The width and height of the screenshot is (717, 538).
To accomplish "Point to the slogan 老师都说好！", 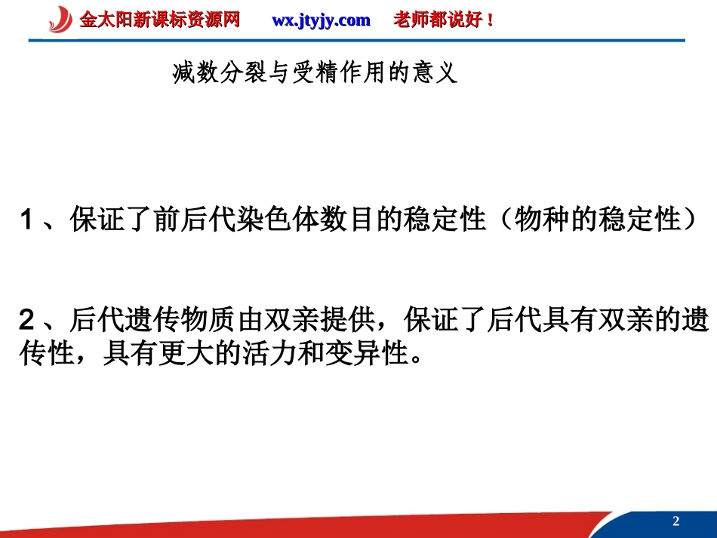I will tap(445, 20).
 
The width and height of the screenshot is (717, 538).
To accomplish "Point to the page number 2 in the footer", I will tap(675, 521).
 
